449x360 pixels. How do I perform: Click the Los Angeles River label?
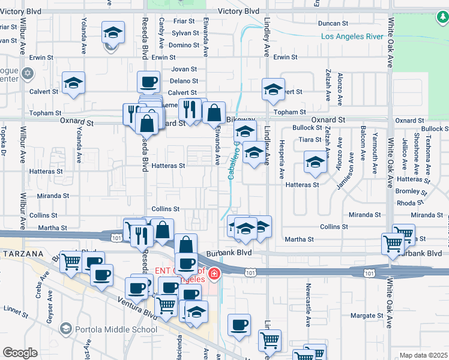coord(352,37)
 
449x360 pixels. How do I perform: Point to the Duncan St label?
coord(334,23)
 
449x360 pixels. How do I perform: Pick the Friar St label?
coord(181,20)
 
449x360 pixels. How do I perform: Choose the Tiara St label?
coord(310,139)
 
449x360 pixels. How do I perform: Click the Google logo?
coord(20,352)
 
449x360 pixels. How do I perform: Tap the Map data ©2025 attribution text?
coord(423,355)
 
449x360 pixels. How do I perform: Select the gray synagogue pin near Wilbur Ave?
coord(27,74)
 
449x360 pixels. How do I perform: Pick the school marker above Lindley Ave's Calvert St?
coord(273,90)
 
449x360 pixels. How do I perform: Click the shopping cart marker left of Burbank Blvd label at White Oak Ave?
coord(393,244)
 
